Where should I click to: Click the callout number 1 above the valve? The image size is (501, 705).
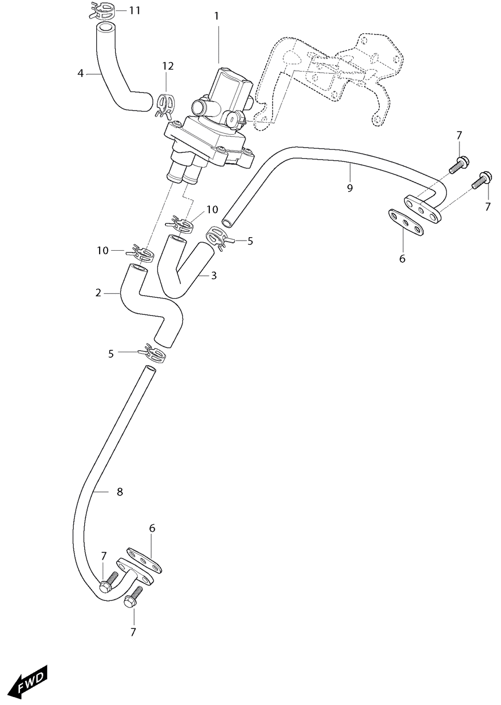point(216,17)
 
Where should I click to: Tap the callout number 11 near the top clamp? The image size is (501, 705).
point(134,11)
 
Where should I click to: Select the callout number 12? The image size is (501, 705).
point(168,66)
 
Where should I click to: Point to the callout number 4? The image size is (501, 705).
point(81,74)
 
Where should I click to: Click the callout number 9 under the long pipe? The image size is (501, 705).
point(349,188)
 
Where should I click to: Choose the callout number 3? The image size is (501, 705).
point(214,276)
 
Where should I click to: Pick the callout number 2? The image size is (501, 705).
point(98,293)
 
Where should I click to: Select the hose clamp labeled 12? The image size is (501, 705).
point(164,105)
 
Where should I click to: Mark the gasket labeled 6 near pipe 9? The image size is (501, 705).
point(405,222)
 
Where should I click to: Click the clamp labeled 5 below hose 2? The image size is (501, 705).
point(152,353)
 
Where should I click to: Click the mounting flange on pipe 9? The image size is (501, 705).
point(422,209)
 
